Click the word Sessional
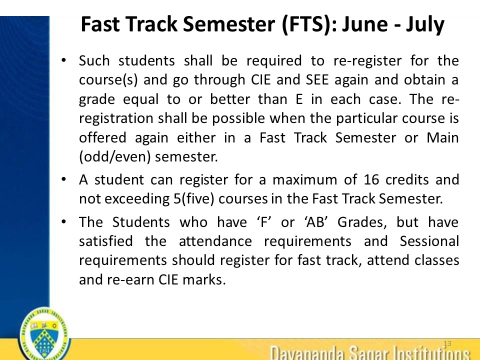429,241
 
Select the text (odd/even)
114,156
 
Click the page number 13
447,343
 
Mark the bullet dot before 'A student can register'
63,178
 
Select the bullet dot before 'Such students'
63,60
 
